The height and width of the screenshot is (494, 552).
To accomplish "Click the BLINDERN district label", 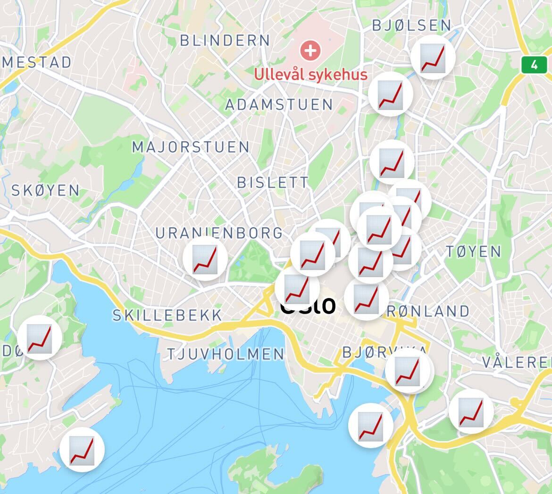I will [x=225, y=41].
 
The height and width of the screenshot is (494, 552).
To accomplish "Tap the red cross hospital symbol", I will [x=310, y=50].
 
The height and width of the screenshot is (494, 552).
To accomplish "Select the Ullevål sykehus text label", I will [x=310, y=74].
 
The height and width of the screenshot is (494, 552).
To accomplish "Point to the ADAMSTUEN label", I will [x=279, y=104].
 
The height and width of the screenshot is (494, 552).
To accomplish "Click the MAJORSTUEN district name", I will [x=191, y=147].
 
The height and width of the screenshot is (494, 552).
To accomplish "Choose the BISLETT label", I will [x=273, y=182].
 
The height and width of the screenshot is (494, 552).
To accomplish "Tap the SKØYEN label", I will [x=45, y=190].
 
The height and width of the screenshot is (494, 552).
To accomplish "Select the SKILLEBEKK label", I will [x=167, y=315].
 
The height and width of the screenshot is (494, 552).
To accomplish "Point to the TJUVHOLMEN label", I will [x=226, y=354].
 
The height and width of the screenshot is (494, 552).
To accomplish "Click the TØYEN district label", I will [x=473, y=251].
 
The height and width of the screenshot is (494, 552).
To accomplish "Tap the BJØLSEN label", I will [x=411, y=25].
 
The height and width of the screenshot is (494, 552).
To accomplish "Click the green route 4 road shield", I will [x=534, y=65].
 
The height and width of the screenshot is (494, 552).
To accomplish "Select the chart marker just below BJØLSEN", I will [x=433, y=57].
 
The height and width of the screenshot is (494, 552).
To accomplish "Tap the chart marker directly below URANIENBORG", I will [x=205, y=259].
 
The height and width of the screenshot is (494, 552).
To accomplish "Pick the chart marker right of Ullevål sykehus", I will [x=391, y=94].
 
